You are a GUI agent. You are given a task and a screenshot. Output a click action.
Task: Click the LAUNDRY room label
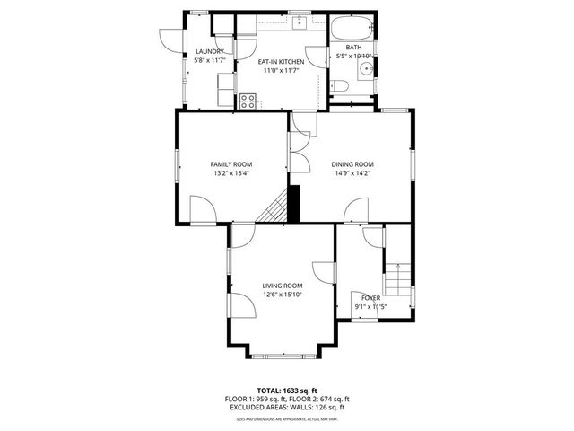click(209, 52)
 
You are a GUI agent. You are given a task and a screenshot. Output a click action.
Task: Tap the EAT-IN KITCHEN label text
click(282, 62)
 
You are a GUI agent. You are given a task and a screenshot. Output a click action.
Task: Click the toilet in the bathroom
click(339, 86)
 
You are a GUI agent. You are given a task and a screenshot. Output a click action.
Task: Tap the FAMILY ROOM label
click(230, 164)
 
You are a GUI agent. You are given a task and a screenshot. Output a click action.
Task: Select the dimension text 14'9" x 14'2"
click(352, 174)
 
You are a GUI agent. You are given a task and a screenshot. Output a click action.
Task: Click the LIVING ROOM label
click(282, 286)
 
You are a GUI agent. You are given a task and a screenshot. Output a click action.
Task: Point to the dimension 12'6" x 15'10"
click(282, 295)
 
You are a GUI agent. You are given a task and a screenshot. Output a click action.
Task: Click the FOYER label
click(370, 297)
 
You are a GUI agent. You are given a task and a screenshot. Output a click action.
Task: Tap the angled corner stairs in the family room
click(274, 210)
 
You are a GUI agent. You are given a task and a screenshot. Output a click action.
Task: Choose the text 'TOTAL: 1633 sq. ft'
click(286, 390)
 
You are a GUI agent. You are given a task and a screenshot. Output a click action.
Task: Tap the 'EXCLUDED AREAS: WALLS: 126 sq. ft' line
click(286, 408)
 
